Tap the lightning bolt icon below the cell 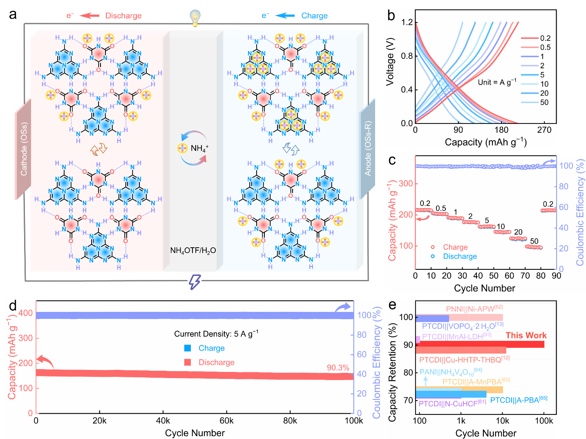[195, 282]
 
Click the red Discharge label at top [123, 16]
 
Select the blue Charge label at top [314, 16]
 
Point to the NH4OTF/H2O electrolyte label [193, 251]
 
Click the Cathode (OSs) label [24, 149]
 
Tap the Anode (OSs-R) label [368, 149]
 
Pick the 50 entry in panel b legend [544, 103]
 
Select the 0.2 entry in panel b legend [545, 38]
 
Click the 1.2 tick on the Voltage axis [407, 22]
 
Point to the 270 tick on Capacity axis [544, 130]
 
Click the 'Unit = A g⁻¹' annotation [497, 82]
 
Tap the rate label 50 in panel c [534, 241]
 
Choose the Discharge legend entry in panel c [460, 256]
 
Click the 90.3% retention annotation [338, 367]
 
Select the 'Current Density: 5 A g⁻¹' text [216, 334]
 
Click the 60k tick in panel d [226, 421]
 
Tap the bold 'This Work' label [526, 336]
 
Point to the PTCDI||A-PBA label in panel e [519, 400]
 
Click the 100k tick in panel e [544, 421]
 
